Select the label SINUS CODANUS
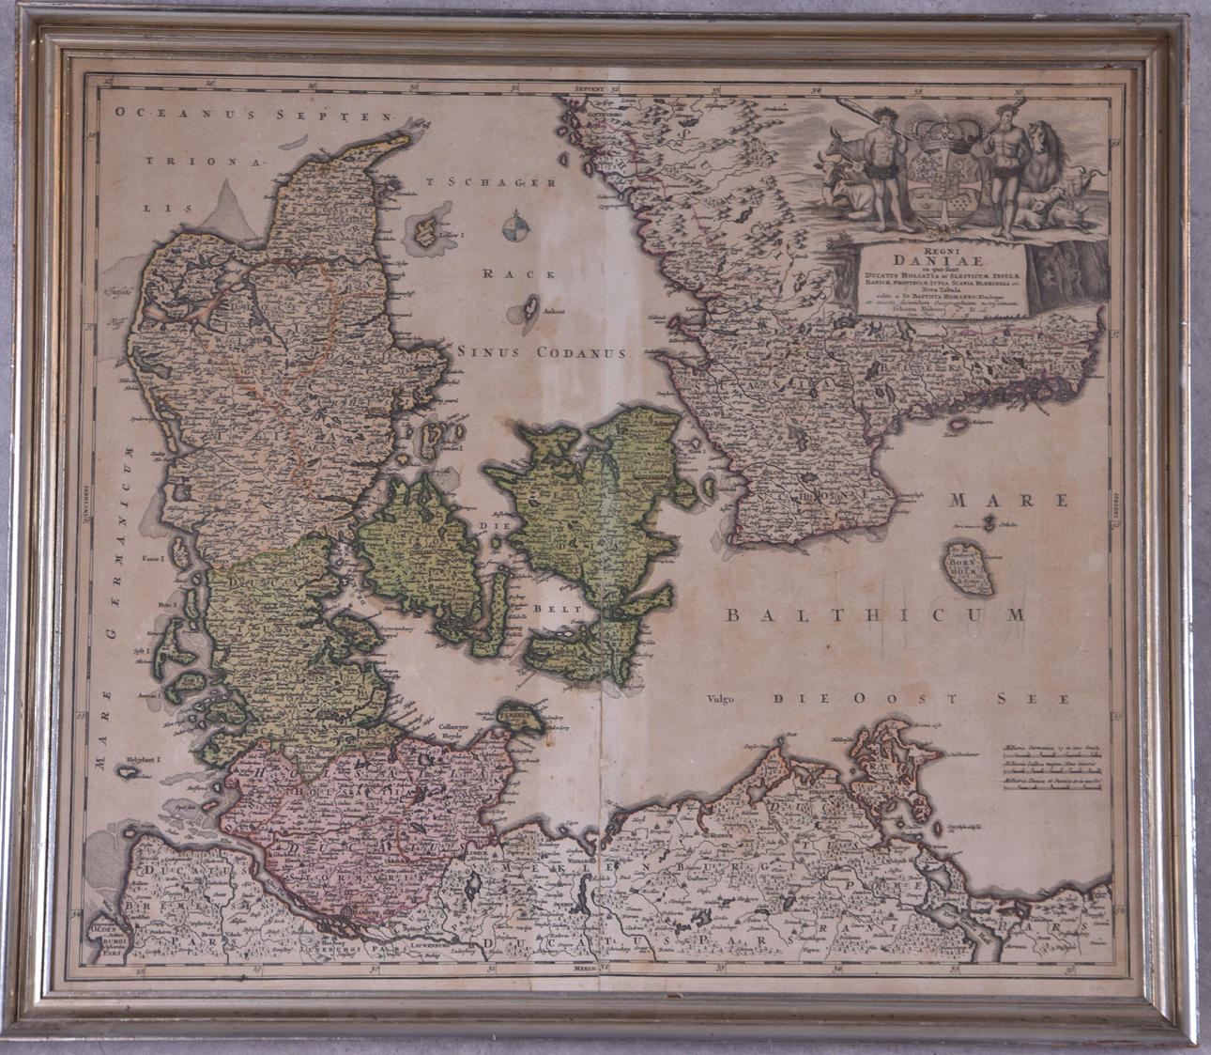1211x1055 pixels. click(x=542, y=353)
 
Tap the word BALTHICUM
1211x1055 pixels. click(x=875, y=615)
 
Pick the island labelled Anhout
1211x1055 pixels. click(x=529, y=310)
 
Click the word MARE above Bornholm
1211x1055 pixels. click(x=1008, y=500)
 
